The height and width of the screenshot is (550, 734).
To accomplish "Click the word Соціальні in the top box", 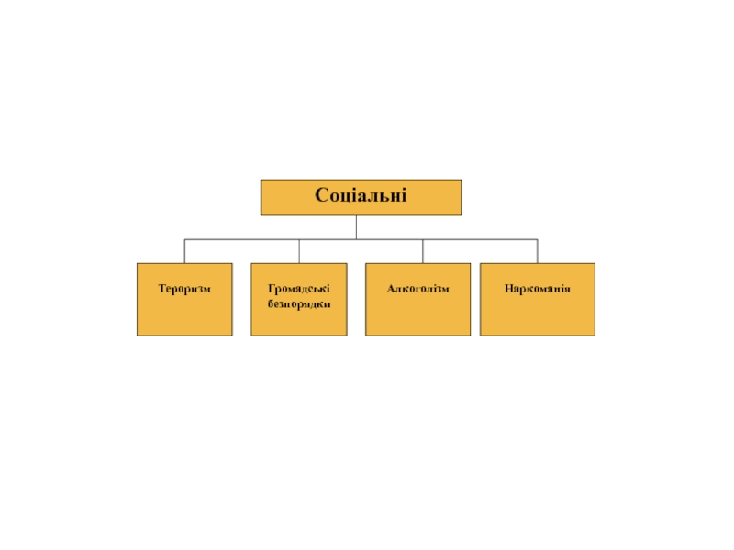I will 361,196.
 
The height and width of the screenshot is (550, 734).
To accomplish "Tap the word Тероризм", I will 184,289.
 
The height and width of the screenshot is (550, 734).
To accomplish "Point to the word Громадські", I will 299,289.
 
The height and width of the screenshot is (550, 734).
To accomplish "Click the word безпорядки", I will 299,302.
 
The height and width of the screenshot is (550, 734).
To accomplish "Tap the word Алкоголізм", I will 417,289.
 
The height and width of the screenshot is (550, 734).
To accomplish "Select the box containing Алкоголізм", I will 417,317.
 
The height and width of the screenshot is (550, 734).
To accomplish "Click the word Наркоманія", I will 537,289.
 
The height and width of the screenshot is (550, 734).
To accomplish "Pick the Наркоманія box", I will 537,317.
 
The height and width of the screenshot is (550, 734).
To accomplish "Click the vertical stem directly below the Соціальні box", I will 357,227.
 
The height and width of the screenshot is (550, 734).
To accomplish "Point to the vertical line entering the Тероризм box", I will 184,252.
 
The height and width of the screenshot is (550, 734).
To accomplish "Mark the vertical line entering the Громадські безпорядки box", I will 299,252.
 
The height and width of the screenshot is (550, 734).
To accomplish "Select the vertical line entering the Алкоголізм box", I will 423,252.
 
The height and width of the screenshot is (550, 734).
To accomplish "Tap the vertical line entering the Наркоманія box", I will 538,252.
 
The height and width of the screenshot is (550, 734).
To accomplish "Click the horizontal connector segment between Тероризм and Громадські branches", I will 241,239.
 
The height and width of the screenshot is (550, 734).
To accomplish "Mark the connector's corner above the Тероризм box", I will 184,239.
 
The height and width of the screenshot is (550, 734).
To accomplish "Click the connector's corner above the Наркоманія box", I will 538,239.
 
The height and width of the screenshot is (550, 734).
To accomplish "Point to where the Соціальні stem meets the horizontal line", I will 357,239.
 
